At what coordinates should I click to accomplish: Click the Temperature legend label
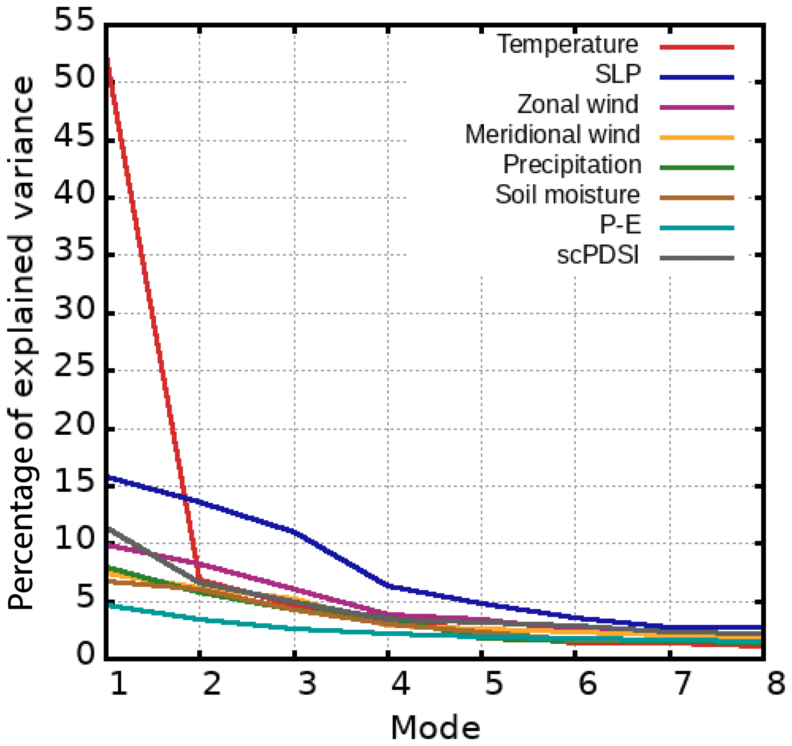(x=567, y=44)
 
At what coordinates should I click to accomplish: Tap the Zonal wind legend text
(x=578, y=104)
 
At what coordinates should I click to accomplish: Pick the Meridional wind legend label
(x=552, y=134)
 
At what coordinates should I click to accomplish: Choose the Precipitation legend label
(x=572, y=164)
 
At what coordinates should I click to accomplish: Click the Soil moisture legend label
(x=567, y=195)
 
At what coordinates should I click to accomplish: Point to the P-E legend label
(x=620, y=225)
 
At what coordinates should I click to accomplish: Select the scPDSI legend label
(x=598, y=255)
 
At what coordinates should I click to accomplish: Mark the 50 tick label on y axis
(x=74, y=77)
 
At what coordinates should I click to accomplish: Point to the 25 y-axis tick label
(x=74, y=366)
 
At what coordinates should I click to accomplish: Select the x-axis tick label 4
(x=400, y=684)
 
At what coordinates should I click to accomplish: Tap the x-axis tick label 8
(x=776, y=684)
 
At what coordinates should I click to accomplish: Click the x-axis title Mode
(x=435, y=728)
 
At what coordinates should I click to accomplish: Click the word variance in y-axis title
(x=22, y=144)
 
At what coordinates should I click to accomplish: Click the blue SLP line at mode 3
(x=294, y=531)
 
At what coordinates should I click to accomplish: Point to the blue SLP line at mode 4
(x=389, y=586)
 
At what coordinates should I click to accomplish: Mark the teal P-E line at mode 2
(x=200, y=619)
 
